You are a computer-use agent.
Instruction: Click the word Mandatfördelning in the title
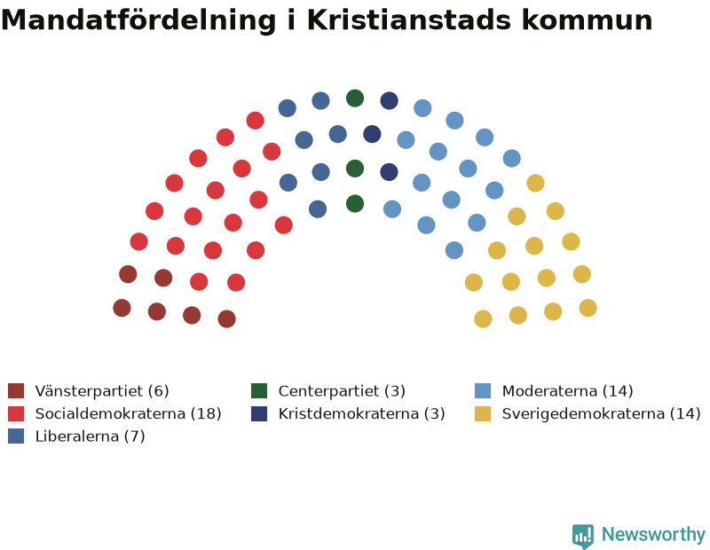138,20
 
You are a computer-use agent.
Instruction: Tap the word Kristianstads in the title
409,20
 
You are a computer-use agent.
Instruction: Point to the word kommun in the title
587,20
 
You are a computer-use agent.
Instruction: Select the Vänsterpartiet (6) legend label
102,390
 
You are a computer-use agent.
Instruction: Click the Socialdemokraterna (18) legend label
128,413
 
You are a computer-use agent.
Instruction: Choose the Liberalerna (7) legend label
91,436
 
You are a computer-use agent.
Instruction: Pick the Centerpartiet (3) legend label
342,390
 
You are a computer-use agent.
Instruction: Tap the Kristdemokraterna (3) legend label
362,413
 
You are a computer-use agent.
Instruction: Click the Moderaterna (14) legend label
567,390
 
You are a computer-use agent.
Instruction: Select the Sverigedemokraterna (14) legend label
602,413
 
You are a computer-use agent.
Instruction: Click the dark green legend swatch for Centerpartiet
259,390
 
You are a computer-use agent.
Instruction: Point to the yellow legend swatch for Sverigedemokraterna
483,413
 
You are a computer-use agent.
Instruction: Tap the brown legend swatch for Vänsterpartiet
16,390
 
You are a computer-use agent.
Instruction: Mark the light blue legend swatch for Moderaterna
483,390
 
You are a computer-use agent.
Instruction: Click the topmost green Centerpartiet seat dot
355,98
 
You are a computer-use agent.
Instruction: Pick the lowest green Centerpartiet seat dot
355,204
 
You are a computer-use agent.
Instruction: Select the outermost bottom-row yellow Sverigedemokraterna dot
588,308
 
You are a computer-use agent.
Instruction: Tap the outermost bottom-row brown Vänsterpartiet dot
122,308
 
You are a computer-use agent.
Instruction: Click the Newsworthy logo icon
583,536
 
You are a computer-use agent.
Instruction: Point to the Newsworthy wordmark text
653,535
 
